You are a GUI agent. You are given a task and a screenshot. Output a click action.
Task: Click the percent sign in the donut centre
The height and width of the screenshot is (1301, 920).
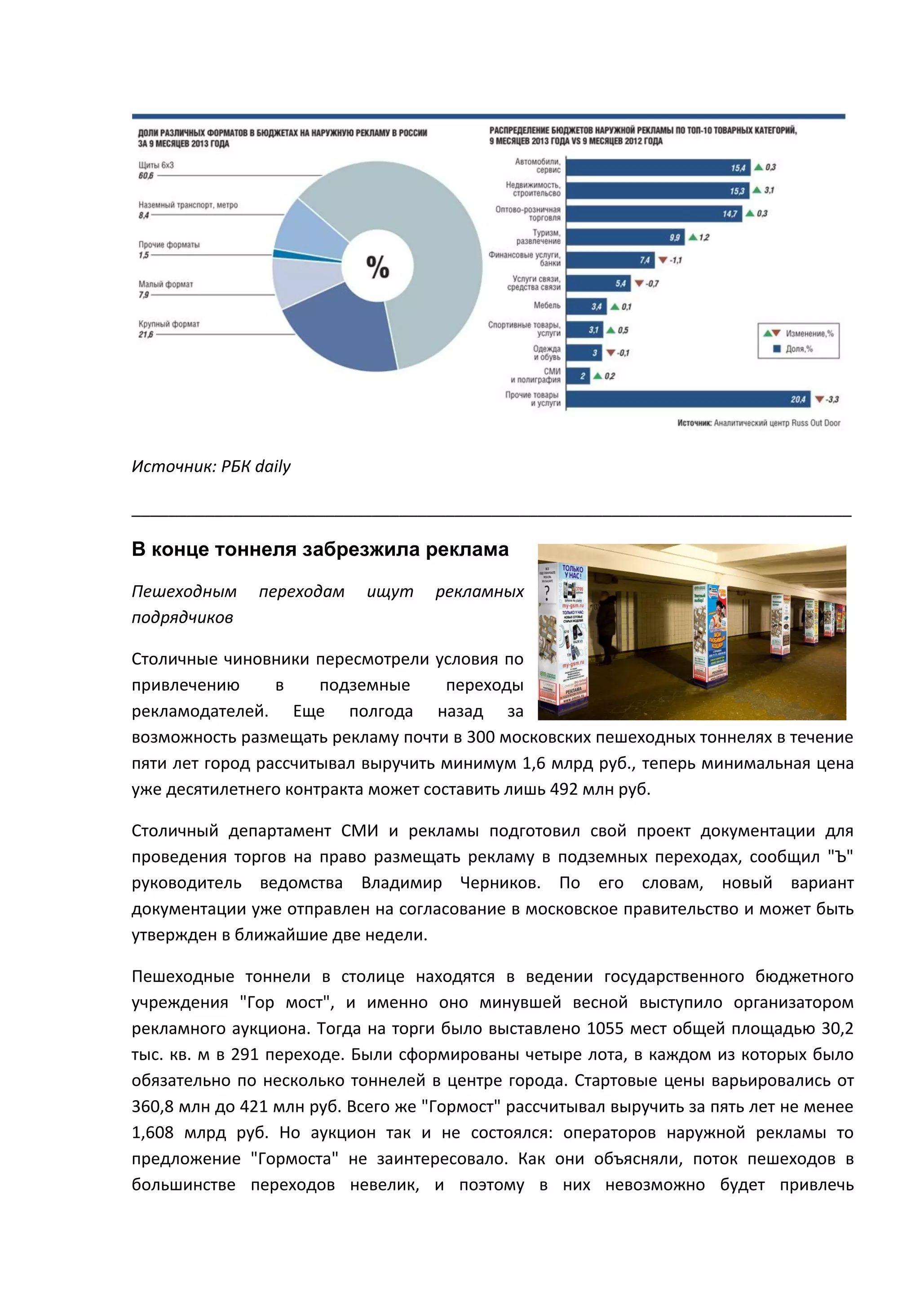377,266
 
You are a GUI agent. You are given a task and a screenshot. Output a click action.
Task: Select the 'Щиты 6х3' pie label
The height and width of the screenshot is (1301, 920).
156,165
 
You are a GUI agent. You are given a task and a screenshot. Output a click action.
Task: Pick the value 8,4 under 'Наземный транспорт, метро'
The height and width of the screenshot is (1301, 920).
144,215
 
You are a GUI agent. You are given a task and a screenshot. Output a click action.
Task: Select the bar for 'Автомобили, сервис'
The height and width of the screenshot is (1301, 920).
657,168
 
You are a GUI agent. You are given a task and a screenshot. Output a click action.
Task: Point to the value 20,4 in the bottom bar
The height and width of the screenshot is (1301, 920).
798,399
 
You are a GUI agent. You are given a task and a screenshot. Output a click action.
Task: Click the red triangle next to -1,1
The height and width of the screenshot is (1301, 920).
663,260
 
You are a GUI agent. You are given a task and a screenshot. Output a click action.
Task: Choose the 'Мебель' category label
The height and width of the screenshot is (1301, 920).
547,305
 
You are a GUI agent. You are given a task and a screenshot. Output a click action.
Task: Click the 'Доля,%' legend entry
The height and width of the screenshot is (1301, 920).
799,349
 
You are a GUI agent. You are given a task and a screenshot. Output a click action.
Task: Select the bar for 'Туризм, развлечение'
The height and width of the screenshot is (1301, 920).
623,237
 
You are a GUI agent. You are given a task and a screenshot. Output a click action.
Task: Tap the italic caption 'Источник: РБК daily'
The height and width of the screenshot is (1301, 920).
211,466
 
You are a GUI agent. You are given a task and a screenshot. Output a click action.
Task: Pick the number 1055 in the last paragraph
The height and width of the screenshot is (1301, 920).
606,1028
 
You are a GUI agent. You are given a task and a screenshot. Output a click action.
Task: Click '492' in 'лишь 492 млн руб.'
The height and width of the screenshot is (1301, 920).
563,789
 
